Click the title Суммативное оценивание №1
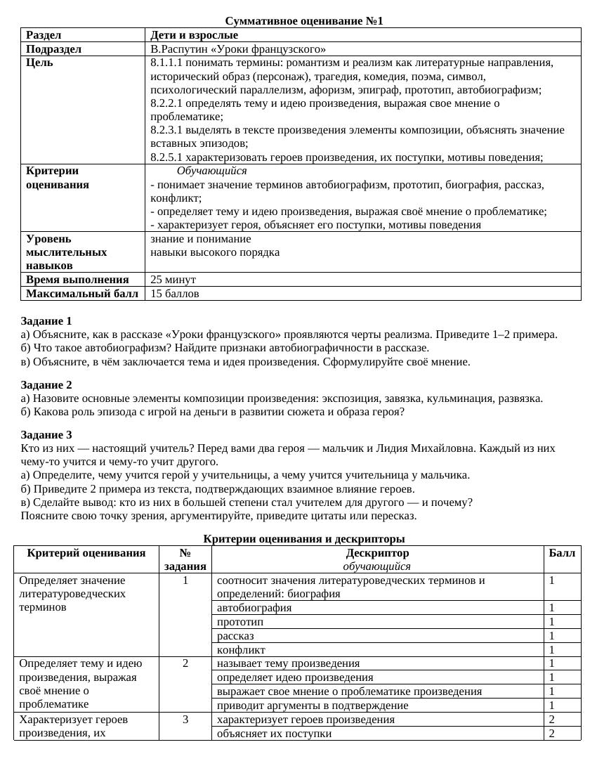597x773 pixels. click(x=303, y=21)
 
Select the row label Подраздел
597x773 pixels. click(x=53, y=49)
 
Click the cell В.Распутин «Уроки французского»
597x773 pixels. click(x=238, y=49)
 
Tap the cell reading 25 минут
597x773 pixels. click(x=173, y=280)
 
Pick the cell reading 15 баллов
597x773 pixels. click(x=174, y=294)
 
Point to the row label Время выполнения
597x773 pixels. click(x=77, y=280)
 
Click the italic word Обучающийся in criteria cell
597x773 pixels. click(x=211, y=171)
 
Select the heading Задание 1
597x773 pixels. click(x=46, y=321)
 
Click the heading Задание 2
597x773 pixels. click(x=46, y=385)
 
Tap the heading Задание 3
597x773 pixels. click(x=46, y=435)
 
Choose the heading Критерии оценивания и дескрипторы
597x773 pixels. click(x=303, y=539)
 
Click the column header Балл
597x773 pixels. click(x=562, y=553)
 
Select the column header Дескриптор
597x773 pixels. click(x=377, y=553)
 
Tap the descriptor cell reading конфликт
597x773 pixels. click(x=241, y=650)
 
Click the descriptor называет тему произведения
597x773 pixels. click(x=288, y=663)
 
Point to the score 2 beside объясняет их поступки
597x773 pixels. click(x=552, y=734)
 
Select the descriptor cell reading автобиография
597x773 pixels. click(x=254, y=608)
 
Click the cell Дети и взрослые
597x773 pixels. click(x=194, y=35)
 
